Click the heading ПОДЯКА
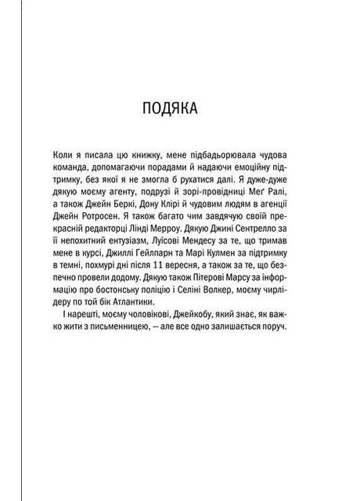(x=178, y=106)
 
